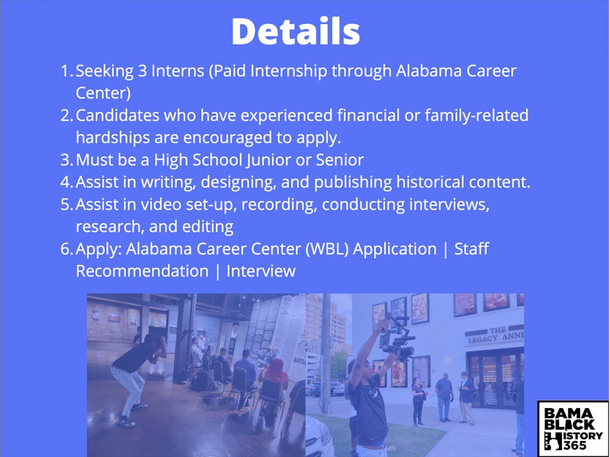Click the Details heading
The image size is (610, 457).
click(x=296, y=32)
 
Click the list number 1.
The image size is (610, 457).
click(x=66, y=71)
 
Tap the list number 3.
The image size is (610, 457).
click(x=66, y=160)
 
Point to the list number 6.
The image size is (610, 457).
click(x=66, y=249)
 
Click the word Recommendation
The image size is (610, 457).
click(x=142, y=272)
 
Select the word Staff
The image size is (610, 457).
click(x=472, y=249)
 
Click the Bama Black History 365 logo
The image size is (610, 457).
click(x=573, y=428)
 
